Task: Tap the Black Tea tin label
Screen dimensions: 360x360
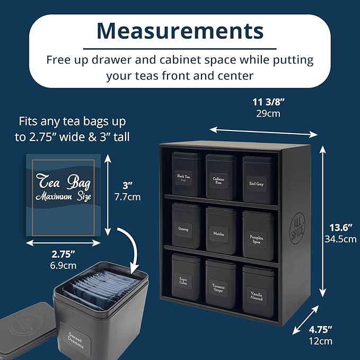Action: pos(185,178)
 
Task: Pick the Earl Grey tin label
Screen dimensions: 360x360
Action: pos(256,183)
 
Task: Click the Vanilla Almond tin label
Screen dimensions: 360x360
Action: pos(257,295)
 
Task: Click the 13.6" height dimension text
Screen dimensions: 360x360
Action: pos(340,226)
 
